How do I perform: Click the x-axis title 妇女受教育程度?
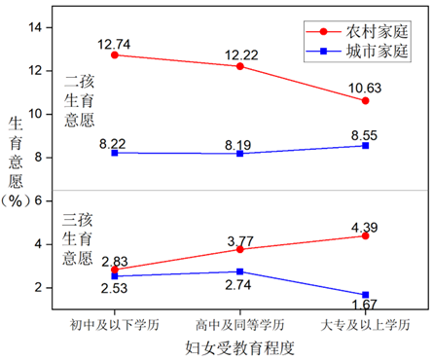click(x=239, y=346)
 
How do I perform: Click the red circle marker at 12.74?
click(x=115, y=55)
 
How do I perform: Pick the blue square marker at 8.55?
click(x=365, y=145)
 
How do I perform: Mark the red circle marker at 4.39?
click(x=365, y=235)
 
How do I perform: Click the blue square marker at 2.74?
click(x=239, y=271)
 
